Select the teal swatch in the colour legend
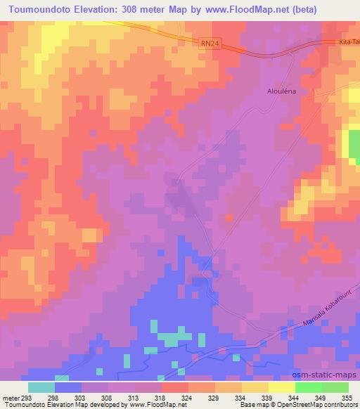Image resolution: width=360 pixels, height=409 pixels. pos(41,387)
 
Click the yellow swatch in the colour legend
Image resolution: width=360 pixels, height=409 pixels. pos(282,387)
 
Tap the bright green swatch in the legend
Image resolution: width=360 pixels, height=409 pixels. pos(309,387)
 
